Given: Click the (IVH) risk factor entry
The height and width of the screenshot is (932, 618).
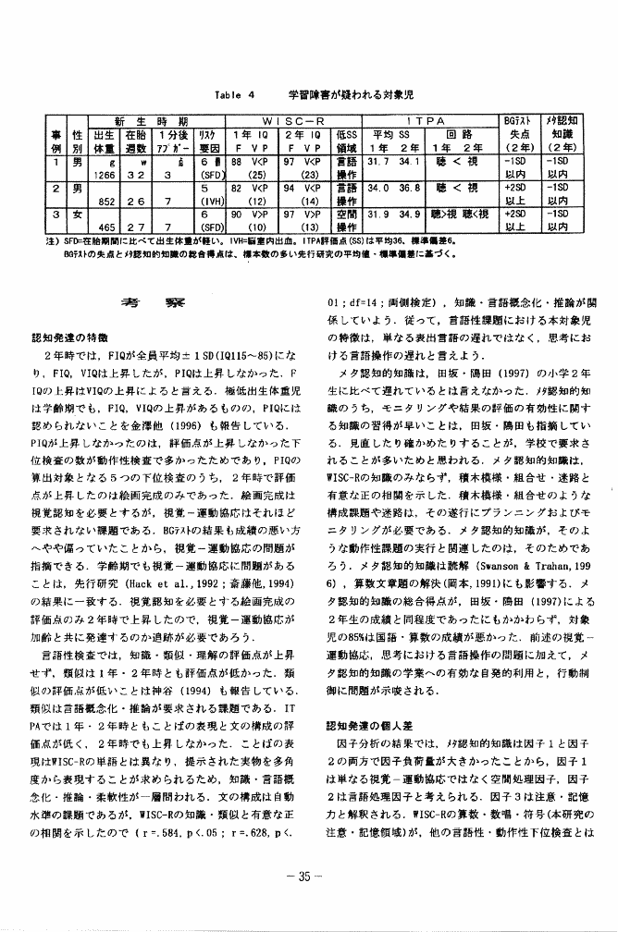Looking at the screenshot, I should [209, 200].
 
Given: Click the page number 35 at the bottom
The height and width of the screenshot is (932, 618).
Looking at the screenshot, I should [309, 897].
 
